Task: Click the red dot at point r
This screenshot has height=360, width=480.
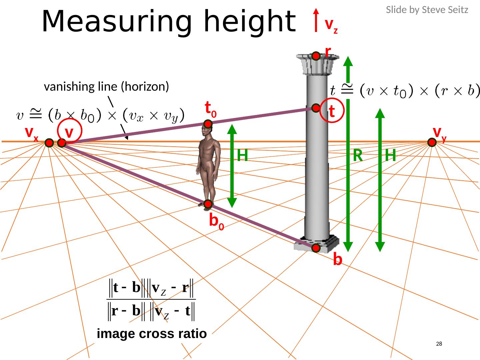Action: (316, 56)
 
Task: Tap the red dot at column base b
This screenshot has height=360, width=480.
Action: (316, 248)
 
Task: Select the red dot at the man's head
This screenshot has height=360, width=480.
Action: (208, 124)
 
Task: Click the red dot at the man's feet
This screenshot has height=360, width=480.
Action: (208, 204)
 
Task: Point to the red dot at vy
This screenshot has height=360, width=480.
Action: (432, 142)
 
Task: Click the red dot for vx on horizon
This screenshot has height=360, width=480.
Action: (49, 143)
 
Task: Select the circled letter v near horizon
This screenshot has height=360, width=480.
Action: (69, 132)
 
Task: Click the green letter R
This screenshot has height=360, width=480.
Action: (358, 155)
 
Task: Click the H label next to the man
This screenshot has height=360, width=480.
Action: (243, 155)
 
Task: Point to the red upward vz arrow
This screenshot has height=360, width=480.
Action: (316, 20)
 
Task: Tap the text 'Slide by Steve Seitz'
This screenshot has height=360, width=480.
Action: (427, 10)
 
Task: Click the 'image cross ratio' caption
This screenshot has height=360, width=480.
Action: (152, 333)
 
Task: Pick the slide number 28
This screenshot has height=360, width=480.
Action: (439, 344)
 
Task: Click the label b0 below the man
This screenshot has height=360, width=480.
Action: (216, 221)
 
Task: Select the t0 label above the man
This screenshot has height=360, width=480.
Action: (211, 109)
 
